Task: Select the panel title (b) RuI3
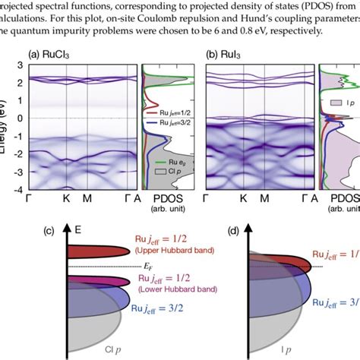[232, 55]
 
